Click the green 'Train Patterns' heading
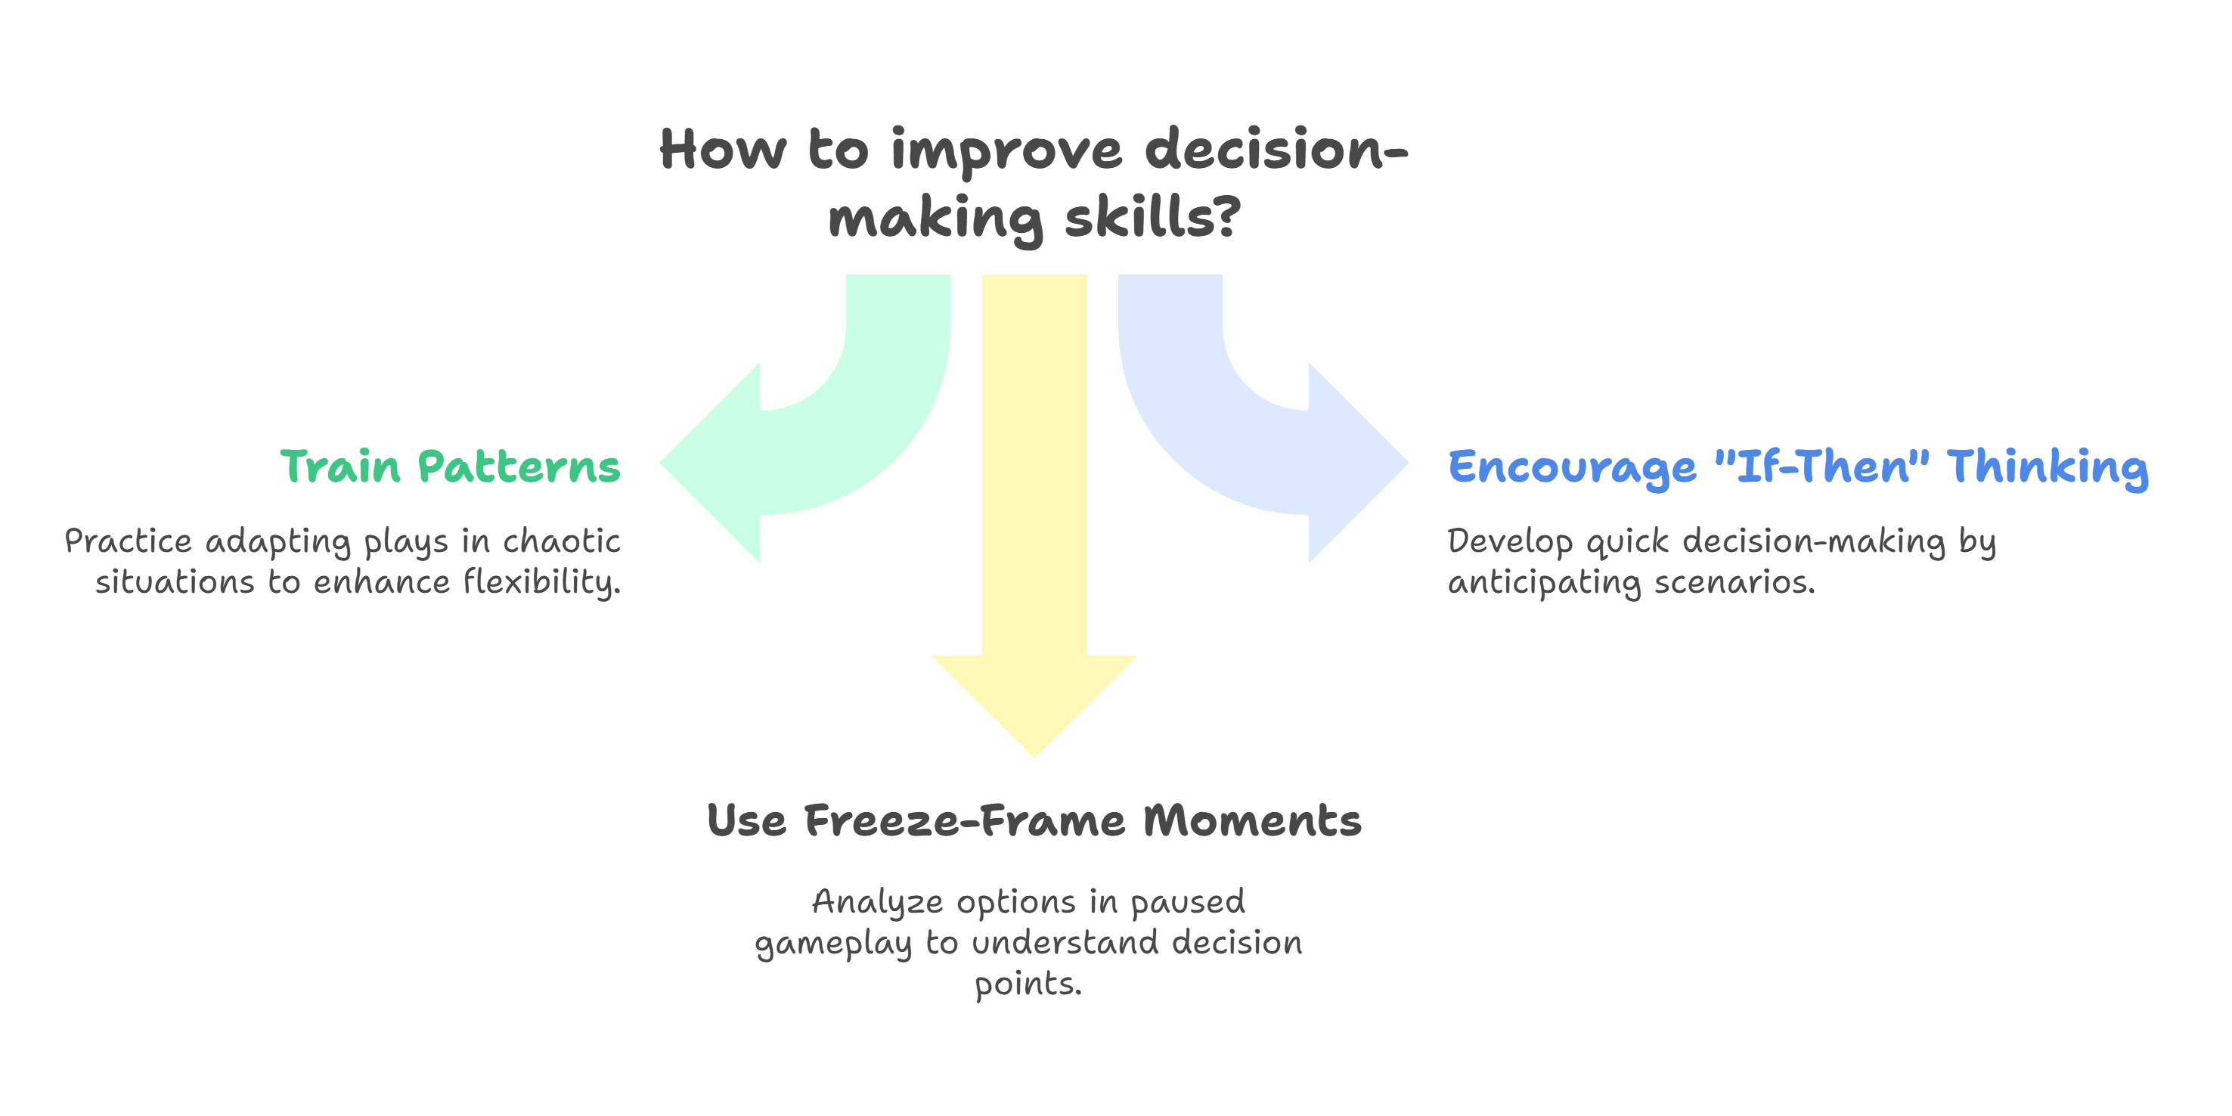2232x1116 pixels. pos(450,467)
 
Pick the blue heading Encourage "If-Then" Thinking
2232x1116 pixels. pos(1797,467)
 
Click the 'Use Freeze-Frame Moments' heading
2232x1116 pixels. pos(1034,820)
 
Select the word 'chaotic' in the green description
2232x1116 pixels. pos(562,541)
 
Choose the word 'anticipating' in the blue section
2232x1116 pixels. pos(1544,582)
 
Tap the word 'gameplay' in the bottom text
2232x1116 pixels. pos(832,944)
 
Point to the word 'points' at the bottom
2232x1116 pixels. pos(1027,984)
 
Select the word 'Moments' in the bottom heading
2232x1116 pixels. pos(1251,820)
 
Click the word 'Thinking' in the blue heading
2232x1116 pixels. pos(2047,467)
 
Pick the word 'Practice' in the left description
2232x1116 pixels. pos(129,541)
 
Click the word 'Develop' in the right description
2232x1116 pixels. pos(1509,541)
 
